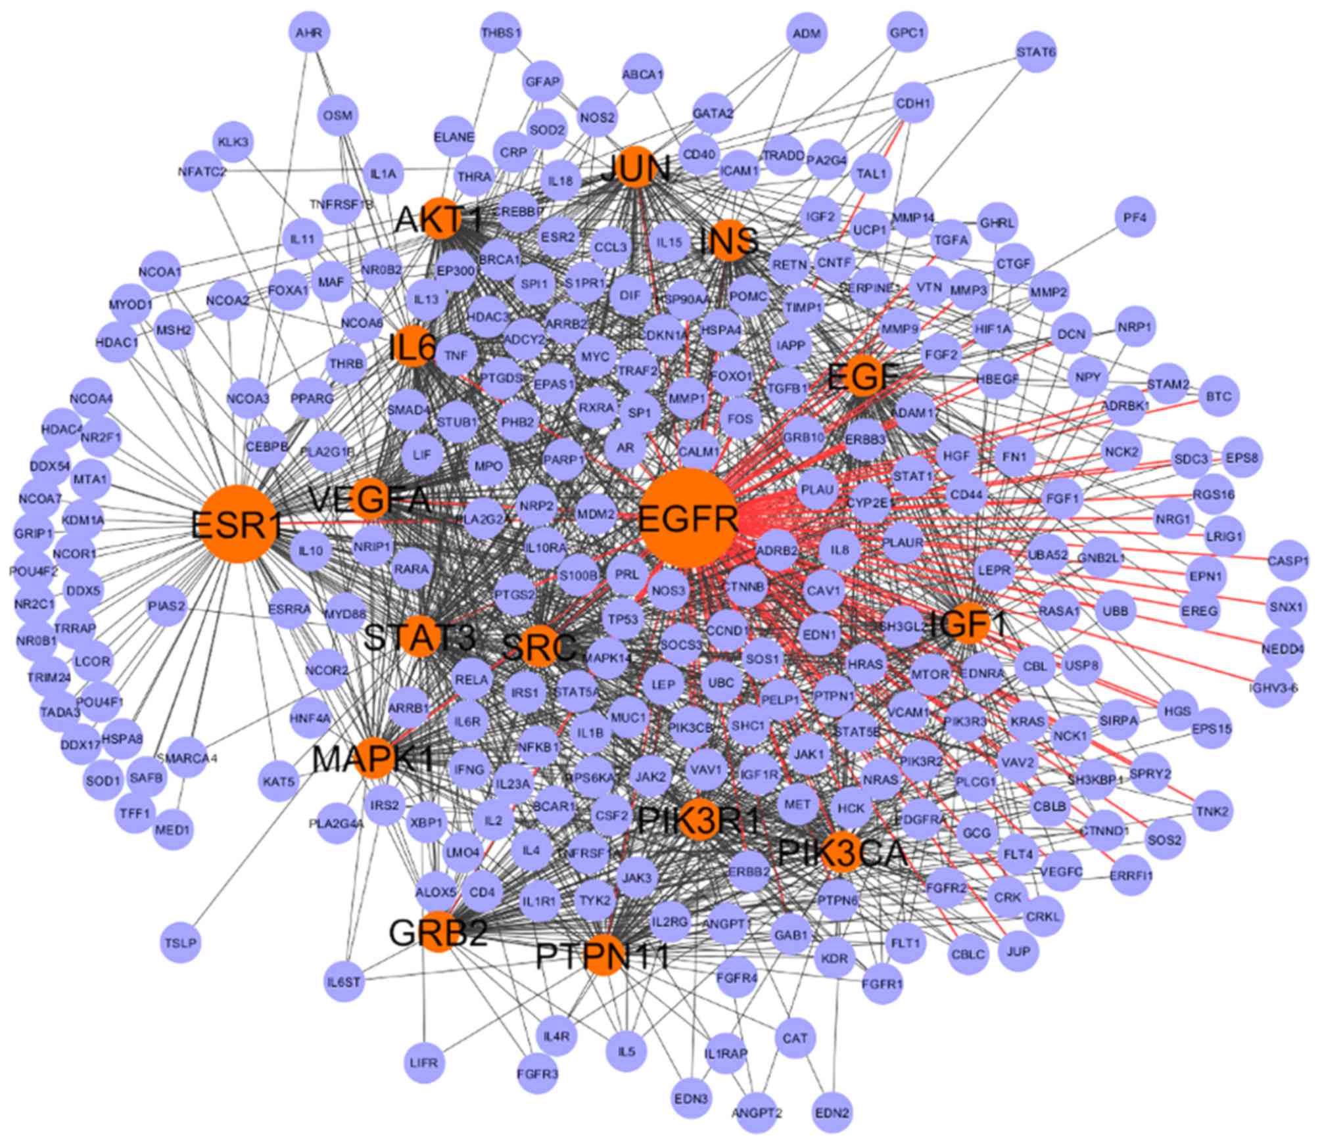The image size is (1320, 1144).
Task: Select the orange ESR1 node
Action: point(237,524)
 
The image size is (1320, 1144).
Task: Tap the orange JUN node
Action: point(635,169)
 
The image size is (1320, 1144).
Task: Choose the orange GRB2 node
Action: point(438,931)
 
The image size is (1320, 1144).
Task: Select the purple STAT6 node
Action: point(1036,52)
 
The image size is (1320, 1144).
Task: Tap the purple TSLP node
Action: point(180,943)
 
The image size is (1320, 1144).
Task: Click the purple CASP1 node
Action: point(1288,562)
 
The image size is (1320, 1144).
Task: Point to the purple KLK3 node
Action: point(234,142)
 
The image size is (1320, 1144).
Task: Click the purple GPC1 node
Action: point(907,33)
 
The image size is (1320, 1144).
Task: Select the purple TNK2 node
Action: point(1213,812)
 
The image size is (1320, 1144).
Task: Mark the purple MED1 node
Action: point(173,830)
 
